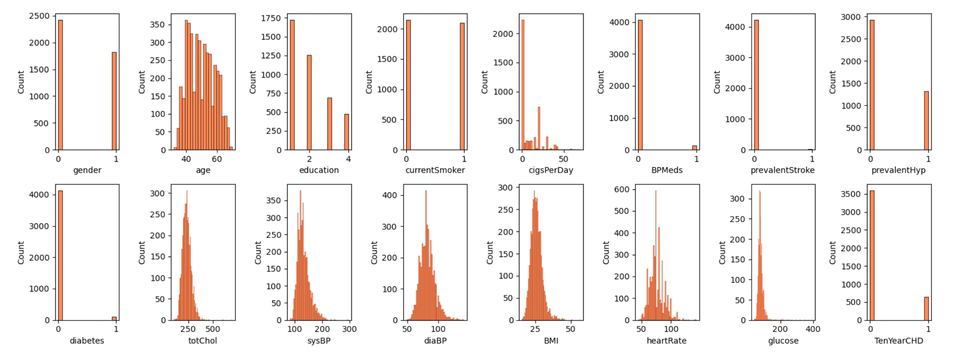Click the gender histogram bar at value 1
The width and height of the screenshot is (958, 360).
tap(114, 101)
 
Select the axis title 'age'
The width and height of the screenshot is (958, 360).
tap(203, 170)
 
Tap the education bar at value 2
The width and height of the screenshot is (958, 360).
tap(309, 102)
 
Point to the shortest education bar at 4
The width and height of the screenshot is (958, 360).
tap(347, 132)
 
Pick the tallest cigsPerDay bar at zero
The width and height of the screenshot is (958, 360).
tap(523, 85)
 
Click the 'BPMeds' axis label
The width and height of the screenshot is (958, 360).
tap(667, 170)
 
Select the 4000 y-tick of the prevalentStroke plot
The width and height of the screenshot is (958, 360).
tap(735, 27)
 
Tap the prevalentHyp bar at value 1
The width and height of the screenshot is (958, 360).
tap(926, 120)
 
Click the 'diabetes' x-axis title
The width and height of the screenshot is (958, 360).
tap(87, 341)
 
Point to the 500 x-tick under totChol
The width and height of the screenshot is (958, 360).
tap(213, 329)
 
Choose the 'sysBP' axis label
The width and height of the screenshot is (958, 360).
tap(319, 341)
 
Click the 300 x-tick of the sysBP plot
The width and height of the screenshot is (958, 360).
tap(349, 329)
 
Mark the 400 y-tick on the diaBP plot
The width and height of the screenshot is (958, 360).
tap(389, 195)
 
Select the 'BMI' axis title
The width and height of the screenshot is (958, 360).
tap(551, 341)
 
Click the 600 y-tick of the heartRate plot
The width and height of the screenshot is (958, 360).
tap(621, 189)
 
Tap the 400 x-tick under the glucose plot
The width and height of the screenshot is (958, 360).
tap(813, 329)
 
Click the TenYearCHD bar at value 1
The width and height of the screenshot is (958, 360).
tap(926, 309)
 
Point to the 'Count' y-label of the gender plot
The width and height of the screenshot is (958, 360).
tap(21, 82)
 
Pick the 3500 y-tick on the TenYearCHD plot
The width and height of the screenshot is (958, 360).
tap(850, 194)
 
